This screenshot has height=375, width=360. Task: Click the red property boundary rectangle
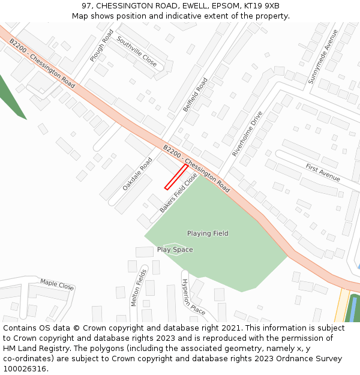tap(176, 177)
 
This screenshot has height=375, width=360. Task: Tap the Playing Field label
tap(208, 233)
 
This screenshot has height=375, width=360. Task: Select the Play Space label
tap(175, 250)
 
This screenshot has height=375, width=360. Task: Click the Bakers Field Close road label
tap(179, 193)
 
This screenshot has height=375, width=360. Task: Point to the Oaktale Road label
tap(137, 174)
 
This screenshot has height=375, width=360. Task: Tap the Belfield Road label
tap(195, 95)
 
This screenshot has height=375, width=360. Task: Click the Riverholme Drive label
tap(247, 134)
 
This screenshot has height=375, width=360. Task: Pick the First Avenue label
tap(323, 172)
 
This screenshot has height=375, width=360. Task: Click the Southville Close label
tap(137, 52)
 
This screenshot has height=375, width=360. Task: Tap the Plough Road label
tap(101, 46)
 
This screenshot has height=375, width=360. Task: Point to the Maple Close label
tap(57, 284)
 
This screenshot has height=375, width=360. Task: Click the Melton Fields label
tap(139, 287)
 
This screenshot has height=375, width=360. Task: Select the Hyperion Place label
tap(194, 296)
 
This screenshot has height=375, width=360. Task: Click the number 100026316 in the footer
tap(25, 368)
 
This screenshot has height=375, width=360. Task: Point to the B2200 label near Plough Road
tap(18, 47)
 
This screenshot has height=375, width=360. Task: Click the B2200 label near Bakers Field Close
tap(172, 153)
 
